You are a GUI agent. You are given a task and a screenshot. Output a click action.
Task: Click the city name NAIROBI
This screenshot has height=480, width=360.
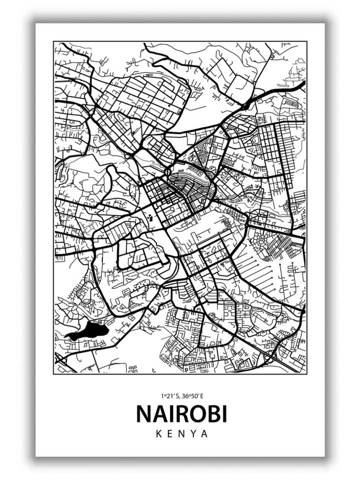tap(181, 413)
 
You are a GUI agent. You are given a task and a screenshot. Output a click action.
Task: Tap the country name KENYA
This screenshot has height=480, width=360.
tap(181, 433)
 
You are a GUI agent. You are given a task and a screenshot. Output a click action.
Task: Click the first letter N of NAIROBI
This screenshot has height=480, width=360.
tap(144, 413)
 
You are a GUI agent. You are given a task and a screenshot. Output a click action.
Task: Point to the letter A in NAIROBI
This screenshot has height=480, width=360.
tap(158, 413)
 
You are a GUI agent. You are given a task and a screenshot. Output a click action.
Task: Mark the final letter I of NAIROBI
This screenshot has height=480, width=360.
tap(223, 413)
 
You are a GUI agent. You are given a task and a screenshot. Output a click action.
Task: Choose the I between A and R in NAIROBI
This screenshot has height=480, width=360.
tap(169, 413)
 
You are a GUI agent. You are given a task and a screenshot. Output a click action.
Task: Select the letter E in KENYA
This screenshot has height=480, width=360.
tap(169, 433)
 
